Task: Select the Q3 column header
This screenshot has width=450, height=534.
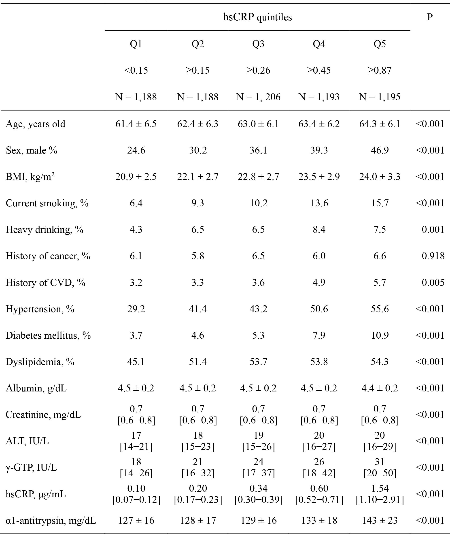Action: [x=258, y=44]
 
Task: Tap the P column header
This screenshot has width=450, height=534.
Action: [x=430, y=17]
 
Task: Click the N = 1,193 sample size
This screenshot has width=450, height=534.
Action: [x=319, y=97]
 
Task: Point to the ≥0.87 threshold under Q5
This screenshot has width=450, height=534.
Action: [x=380, y=70]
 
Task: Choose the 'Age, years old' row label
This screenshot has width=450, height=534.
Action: [x=36, y=124]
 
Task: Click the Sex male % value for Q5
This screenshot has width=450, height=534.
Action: [x=380, y=150]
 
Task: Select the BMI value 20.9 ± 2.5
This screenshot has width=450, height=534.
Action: [x=136, y=177]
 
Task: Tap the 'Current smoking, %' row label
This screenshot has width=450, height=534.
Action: [x=47, y=203]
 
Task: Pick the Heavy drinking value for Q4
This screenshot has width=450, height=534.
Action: [x=319, y=229]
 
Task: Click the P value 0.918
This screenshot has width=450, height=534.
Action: [x=433, y=256]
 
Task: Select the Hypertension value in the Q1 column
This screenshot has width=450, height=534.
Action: [x=136, y=309]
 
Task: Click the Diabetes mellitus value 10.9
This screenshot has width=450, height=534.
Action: [x=380, y=335]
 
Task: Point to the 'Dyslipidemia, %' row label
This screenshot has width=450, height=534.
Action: [x=40, y=362]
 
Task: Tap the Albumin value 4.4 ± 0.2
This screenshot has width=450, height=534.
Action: [x=380, y=388]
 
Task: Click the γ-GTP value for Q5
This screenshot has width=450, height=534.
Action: [x=380, y=467]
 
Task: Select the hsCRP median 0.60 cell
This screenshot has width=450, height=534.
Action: [x=319, y=494]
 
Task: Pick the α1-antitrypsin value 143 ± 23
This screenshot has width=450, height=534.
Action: [x=380, y=520]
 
